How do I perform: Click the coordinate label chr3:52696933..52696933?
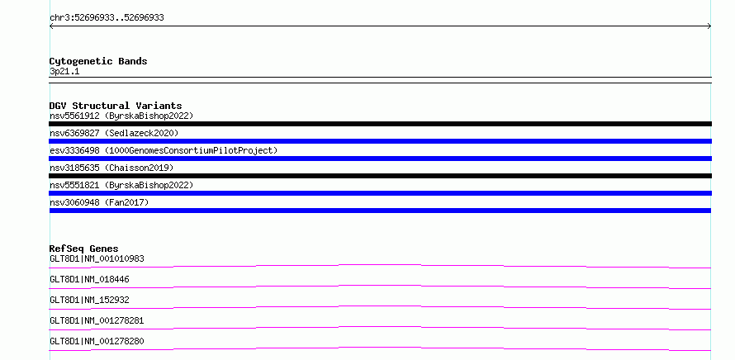pyautogui.click(x=107, y=18)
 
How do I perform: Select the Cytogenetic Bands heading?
pyautogui.click(x=98, y=61)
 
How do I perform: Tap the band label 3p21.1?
pyautogui.click(x=64, y=72)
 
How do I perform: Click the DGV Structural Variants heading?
pyautogui.click(x=116, y=106)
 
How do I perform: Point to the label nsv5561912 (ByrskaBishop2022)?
pyautogui.click(x=121, y=116)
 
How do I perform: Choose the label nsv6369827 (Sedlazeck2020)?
pyautogui.click(x=114, y=133)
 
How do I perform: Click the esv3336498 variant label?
pyautogui.click(x=164, y=150)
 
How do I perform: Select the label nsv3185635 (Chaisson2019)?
pyautogui.click(x=111, y=168)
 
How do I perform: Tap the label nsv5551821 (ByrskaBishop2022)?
pyautogui.click(x=121, y=185)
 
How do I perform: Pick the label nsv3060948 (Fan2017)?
pyautogui.click(x=99, y=202)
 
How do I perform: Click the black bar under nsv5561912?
pyautogui.click(x=380, y=124)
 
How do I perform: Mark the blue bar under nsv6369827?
pyautogui.click(x=380, y=141)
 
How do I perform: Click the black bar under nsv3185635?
pyautogui.click(x=380, y=176)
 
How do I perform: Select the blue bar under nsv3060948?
pyautogui.click(x=380, y=211)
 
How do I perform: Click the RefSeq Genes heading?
pyautogui.click(x=84, y=249)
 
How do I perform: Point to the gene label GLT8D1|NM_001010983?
pyautogui.click(x=97, y=258)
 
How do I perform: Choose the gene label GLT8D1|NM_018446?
pyautogui.click(x=89, y=279)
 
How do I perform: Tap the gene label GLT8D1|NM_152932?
pyautogui.click(x=89, y=300)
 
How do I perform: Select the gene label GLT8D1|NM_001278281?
pyautogui.click(x=97, y=320)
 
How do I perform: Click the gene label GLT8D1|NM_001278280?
pyautogui.click(x=97, y=341)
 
